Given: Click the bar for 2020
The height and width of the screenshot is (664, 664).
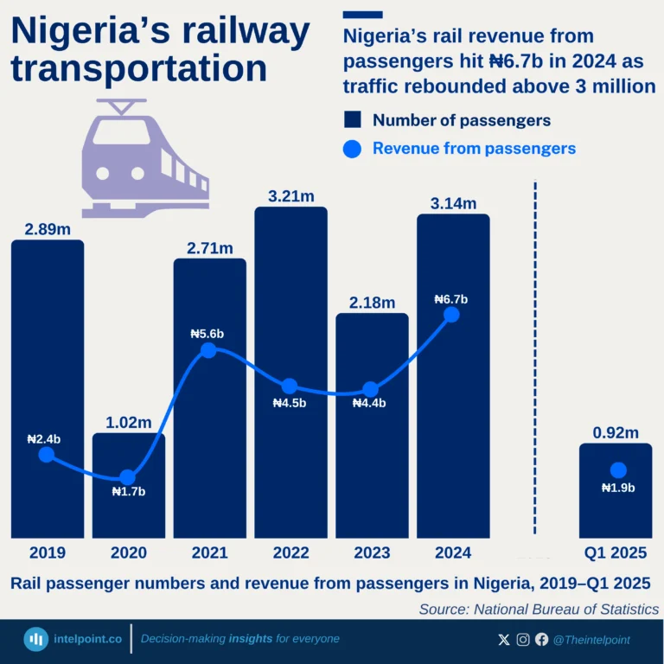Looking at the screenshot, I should point(129,510).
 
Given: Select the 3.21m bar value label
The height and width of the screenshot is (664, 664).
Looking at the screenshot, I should point(291,196).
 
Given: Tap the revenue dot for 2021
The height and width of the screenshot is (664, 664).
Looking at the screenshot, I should point(208,350).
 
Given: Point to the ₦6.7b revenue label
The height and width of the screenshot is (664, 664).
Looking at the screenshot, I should point(450,299).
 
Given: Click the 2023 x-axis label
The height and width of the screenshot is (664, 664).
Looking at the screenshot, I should point(372,552).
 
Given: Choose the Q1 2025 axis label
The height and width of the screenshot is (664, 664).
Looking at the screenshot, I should point(615,552).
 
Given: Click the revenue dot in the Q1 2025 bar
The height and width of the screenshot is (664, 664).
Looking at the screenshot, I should point(617,470).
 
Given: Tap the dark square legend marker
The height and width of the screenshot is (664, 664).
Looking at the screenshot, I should point(352,119).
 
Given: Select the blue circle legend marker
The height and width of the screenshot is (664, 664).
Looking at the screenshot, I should point(352,149).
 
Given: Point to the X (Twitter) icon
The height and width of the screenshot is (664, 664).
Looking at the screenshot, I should point(504,640).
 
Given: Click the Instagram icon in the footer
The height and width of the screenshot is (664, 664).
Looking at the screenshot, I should point(523,640).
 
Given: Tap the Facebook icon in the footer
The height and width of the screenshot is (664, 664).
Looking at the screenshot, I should point(541,640).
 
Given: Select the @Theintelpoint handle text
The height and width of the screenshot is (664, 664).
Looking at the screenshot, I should point(591,640).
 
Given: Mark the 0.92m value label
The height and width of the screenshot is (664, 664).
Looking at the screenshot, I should point(616,432).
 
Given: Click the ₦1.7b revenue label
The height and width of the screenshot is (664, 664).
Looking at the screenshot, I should point(129,492).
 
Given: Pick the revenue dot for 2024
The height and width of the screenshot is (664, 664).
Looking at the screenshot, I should point(450,315).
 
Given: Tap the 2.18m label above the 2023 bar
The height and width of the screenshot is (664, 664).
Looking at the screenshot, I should point(373,303).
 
